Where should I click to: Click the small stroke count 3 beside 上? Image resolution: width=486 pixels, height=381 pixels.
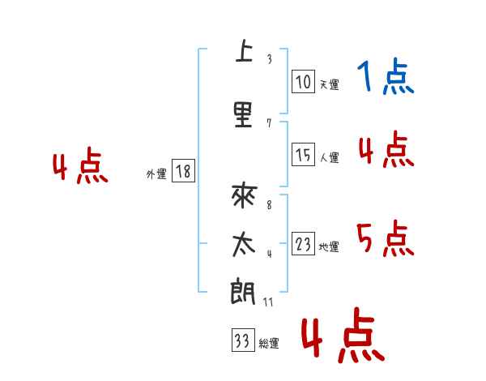(x=269, y=59)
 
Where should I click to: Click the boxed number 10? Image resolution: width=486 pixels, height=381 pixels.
(x=302, y=81)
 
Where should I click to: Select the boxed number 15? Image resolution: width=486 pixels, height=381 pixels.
(x=302, y=154)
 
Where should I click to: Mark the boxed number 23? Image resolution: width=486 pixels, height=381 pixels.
(x=302, y=244)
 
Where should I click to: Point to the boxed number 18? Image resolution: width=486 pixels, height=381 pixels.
(x=183, y=171)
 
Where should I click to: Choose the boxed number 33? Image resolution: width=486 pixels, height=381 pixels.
(x=242, y=341)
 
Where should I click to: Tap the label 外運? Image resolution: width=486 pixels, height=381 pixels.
(x=156, y=173)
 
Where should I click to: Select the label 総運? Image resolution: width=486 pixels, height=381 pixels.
(x=269, y=344)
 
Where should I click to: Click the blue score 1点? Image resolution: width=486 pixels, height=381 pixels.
(x=385, y=79)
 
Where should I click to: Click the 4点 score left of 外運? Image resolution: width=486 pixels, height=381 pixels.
(x=79, y=168)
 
